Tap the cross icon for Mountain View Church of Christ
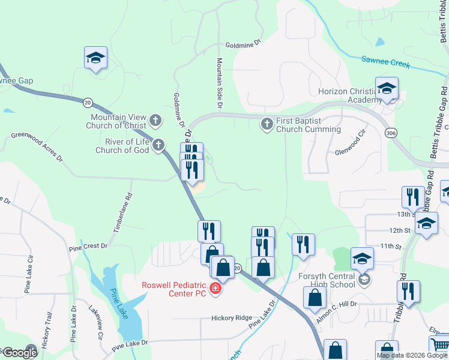(x=155, y=121)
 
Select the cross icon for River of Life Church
(x=158, y=145)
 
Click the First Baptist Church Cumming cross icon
(x=268, y=124)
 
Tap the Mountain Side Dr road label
(x=220, y=83)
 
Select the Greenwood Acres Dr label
(x=37, y=148)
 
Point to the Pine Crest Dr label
(x=88, y=246)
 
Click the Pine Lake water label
(x=119, y=304)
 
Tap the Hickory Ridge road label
(x=231, y=318)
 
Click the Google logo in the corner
(x=19, y=353)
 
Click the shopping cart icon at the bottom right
(x=439, y=345)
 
